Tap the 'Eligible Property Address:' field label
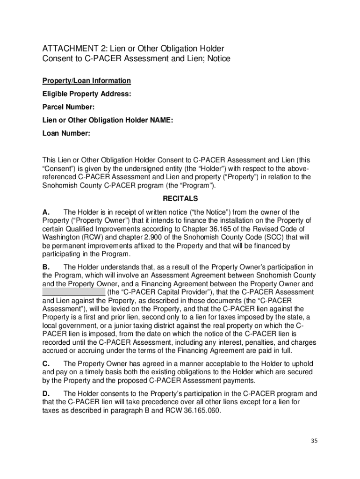[x=86, y=94]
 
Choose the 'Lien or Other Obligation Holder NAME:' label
[x=108, y=120]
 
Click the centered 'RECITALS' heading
[x=180, y=198]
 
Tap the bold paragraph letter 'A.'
[x=47, y=212]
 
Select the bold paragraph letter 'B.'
[x=47, y=267]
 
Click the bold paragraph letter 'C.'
[x=47, y=363]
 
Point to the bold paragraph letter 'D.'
[x=47, y=393]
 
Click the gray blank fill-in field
[x=73, y=292]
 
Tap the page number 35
[x=313, y=441]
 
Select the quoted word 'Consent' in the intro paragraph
[x=58, y=168]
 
